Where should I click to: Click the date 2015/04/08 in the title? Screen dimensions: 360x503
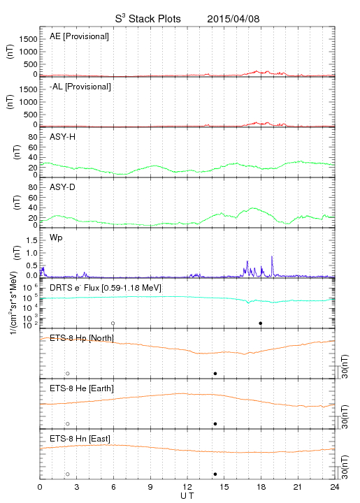point(233,19)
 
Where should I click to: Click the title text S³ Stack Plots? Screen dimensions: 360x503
point(148,19)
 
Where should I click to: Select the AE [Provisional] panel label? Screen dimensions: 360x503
point(79,36)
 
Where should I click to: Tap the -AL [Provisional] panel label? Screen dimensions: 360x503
point(80,87)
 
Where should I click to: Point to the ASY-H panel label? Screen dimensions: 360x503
point(63,137)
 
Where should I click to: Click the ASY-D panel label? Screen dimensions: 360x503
point(63,187)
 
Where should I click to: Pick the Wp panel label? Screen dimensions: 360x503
point(56,238)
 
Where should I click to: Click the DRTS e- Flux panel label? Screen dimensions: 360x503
point(106,288)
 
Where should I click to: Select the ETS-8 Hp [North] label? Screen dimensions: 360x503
point(82,338)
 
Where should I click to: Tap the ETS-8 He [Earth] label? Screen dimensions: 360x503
point(82,388)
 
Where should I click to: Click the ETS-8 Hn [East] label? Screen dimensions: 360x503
point(80,439)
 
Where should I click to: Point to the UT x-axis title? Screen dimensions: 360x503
point(187,496)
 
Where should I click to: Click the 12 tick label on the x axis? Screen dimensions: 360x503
point(187,487)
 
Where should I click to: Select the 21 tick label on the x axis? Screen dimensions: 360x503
point(298,487)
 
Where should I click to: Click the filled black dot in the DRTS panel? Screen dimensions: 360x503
point(261,323)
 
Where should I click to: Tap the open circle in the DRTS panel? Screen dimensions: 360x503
point(113,323)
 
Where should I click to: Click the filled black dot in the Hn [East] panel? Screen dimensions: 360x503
point(215,474)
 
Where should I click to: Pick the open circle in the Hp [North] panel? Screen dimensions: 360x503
point(68,373)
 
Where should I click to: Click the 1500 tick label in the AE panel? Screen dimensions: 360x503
point(28,39)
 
